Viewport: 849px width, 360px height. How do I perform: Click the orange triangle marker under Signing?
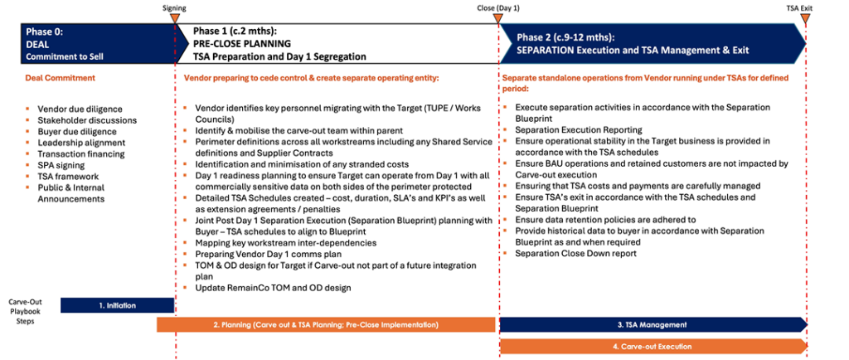174,18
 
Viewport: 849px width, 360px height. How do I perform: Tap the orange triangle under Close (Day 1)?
497,18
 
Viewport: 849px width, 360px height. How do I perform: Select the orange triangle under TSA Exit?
805,18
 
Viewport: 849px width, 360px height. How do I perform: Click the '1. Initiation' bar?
118,305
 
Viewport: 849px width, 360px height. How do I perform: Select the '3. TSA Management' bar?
653,325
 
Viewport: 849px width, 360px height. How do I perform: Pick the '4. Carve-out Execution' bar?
653,346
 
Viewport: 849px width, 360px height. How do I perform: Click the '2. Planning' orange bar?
326,325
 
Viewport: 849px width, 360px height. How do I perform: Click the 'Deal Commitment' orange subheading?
60,78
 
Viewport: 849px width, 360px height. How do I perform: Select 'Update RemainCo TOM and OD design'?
273,288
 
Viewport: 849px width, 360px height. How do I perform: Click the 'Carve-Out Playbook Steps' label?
25,311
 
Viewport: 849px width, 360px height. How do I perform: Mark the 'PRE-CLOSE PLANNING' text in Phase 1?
242,44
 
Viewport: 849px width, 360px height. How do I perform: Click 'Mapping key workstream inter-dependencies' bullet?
286,243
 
